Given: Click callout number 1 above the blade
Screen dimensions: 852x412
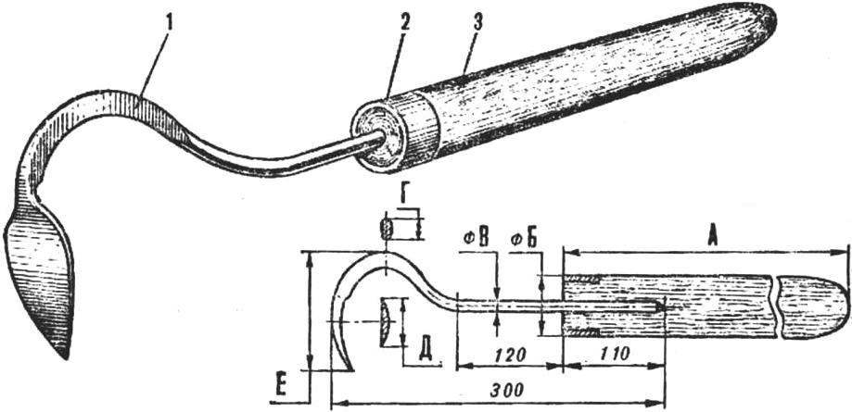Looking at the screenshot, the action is click(x=170, y=24).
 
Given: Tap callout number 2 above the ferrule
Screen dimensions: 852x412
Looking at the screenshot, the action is click(x=405, y=23).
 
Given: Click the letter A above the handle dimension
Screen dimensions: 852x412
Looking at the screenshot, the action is click(x=711, y=237).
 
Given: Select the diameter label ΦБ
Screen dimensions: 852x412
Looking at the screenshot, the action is click(x=525, y=240).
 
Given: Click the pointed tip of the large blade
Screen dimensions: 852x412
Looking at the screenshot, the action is click(x=67, y=356).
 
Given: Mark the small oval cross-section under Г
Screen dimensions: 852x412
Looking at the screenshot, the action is click(x=387, y=229).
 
